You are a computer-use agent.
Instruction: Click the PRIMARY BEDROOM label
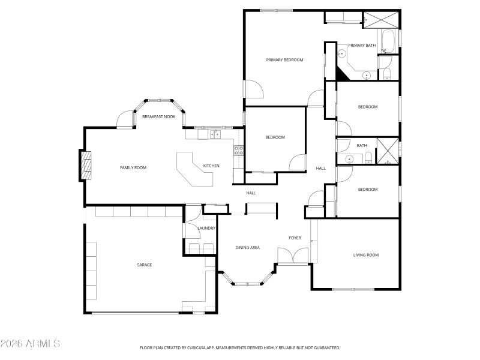pyautogui.click(x=284, y=60)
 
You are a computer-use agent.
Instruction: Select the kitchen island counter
pyautogui.click(x=193, y=170)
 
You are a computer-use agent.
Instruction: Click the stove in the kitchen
pyautogui.click(x=238, y=151)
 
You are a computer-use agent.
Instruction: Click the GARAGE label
pyautogui.click(x=144, y=265)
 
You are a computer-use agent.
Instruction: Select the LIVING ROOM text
pyautogui.click(x=365, y=255)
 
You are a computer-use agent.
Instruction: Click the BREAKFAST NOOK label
pyautogui.click(x=158, y=116)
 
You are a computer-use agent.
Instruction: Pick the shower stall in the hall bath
pyautogui.click(x=387, y=150)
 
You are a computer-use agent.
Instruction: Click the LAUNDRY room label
pyautogui.click(x=206, y=228)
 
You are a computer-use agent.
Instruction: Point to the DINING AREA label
pyautogui.click(x=247, y=247)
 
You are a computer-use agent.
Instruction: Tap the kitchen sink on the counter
pyautogui.click(x=214, y=134)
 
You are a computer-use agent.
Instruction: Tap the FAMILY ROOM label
pyautogui.click(x=133, y=168)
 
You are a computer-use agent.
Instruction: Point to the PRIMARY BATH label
pyautogui.click(x=362, y=46)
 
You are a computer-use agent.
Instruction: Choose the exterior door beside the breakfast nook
pyautogui.click(x=125, y=119)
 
